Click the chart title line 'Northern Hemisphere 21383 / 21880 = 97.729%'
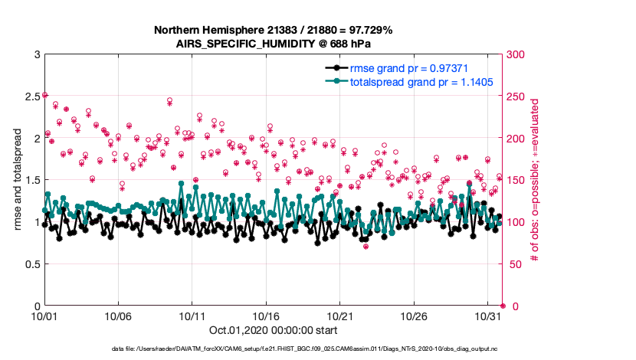click(274, 30)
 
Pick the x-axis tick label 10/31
click(488, 316)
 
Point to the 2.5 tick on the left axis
click(29, 97)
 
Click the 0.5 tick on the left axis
click(29, 264)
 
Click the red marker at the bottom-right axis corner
click(502, 306)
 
